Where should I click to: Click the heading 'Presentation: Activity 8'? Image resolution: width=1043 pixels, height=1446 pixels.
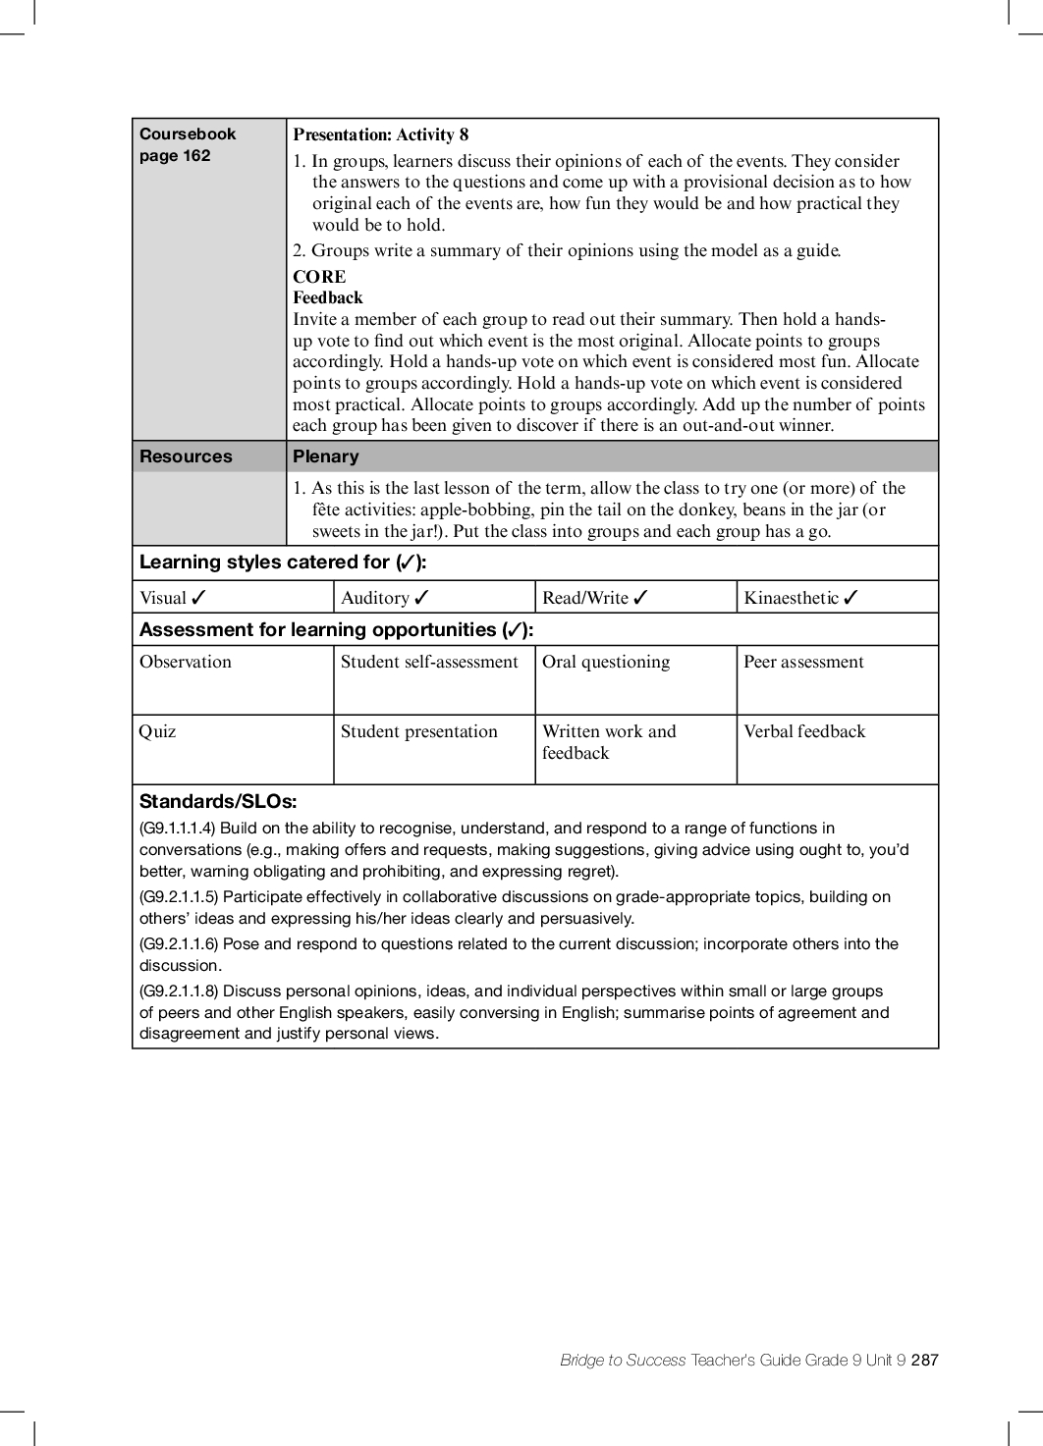(380, 134)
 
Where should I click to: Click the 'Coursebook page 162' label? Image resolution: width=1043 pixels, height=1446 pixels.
(188, 144)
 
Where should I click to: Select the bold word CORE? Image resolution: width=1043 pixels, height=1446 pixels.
(319, 277)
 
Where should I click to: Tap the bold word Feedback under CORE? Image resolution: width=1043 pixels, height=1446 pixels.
(328, 297)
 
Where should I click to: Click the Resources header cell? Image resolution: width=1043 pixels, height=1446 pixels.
(186, 456)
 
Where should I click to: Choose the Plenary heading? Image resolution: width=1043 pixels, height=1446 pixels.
(326, 456)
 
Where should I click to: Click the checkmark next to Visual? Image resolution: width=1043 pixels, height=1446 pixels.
(199, 598)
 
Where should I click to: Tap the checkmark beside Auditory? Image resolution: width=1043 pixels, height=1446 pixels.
(422, 598)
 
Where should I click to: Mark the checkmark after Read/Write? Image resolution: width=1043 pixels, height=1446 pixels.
(641, 598)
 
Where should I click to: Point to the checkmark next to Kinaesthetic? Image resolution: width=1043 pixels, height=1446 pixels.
(851, 598)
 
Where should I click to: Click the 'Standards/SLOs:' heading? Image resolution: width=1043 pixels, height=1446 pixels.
(218, 801)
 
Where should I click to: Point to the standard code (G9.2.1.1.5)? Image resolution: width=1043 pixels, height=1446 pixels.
(179, 896)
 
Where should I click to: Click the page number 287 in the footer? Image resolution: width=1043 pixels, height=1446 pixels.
(924, 1360)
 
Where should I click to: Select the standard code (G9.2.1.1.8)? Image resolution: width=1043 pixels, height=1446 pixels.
(179, 991)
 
